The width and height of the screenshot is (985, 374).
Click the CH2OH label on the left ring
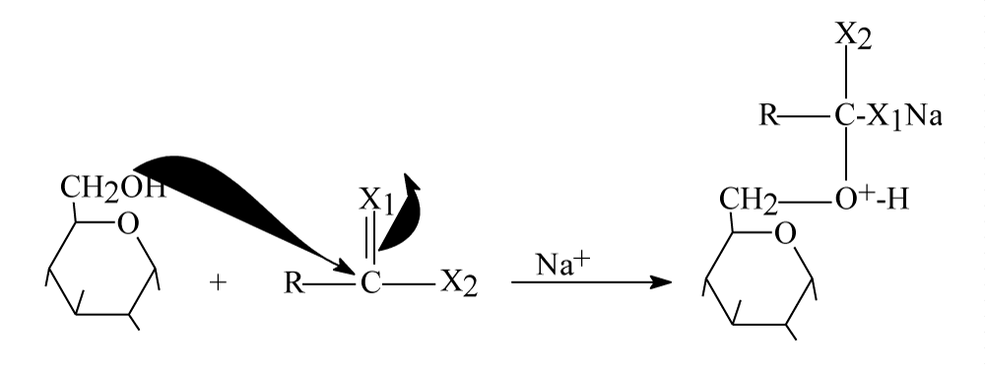pos(113,188)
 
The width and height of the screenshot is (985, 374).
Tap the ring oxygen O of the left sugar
pos(128,224)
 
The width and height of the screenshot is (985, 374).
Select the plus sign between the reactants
pos(218,283)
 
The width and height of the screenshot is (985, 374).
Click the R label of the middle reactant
pos(293,283)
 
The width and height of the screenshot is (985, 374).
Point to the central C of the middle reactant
pos(370,283)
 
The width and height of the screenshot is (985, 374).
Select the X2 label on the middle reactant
pos(459,283)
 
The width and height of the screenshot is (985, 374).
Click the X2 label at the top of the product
pos(853,35)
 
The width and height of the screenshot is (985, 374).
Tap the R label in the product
pos(769,116)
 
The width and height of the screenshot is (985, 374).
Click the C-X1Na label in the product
pos(888,117)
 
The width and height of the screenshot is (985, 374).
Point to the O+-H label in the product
pos(872,200)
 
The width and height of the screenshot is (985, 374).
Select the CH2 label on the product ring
pos(749,201)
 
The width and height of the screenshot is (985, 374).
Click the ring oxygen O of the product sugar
pos(785,234)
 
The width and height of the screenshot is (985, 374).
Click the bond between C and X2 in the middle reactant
pos(409,283)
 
